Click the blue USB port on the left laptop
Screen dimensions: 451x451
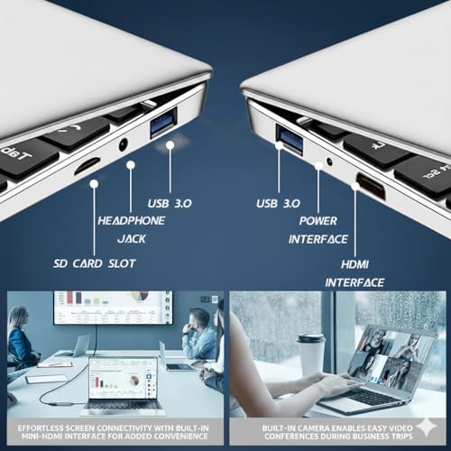pyautogui.click(x=163, y=122)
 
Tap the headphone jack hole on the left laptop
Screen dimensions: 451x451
pyautogui.click(x=124, y=143)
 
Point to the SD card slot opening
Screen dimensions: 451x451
pyautogui.click(x=87, y=166)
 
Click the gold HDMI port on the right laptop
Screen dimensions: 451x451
pyautogui.click(x=371, y=186)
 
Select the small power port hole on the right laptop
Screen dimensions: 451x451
pyautogui.click(x=330, y=161)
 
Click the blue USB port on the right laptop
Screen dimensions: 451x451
pyautogui.click(x=290, y=137)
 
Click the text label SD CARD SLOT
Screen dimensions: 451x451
pyautogui.click(x=95, y=263)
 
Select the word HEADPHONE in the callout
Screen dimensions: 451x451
pyautogui.click(x=131, y=221)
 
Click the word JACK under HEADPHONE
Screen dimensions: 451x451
pyautogui.click(x=132, y=239)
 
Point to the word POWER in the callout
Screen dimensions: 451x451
pyautogui.click(x=318, y=221)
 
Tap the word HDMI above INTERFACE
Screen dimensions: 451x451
pyautogui.click(x=354, y=264)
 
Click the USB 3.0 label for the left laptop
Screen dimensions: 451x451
pyautogui.click(x=170, y=204)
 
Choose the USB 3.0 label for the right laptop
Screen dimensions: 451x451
pyautogui.click(x=278, y=204)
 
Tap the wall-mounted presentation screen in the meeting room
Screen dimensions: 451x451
pyautogui.click(x=113, y=308)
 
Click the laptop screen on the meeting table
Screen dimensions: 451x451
pyautogui.click(x=124, y=380)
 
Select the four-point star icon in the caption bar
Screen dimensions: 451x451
pyautogui.click(x=428, y=428)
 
